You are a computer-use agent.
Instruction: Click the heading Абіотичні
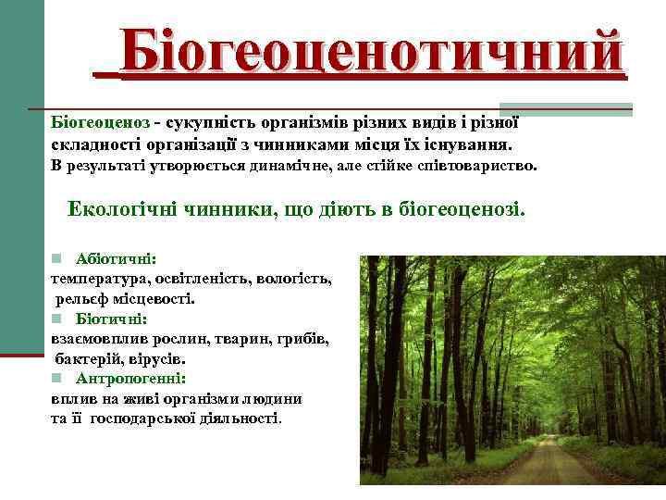[117, 259]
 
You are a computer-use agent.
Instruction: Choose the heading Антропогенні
[130, 378]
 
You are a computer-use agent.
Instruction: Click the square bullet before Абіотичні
[55, 259]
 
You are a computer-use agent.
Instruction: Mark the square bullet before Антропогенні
[55, 378]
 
